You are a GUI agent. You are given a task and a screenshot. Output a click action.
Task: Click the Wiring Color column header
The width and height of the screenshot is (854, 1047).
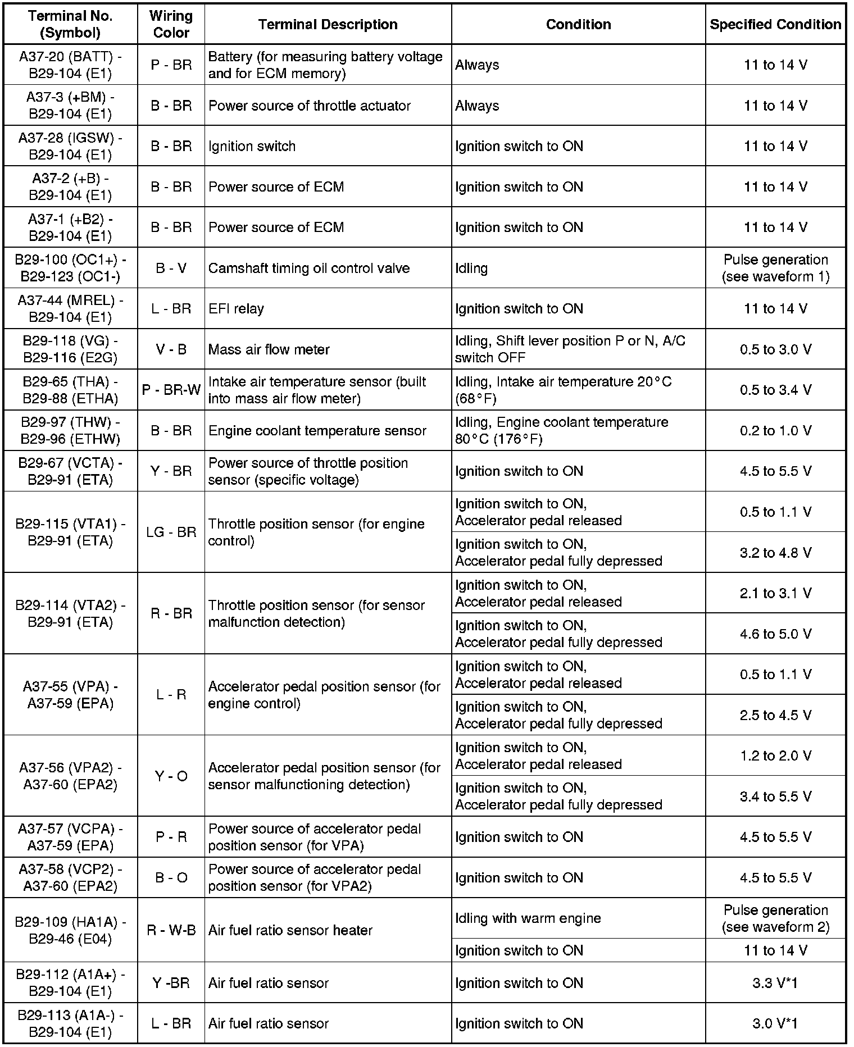pyautogui.click(x=171, y=24)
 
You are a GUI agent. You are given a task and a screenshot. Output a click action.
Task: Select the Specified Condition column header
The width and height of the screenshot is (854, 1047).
pyautogui.click(x=775, y=24)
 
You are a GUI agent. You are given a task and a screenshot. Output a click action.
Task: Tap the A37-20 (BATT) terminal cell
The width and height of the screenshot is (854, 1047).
pyautogui.click(x=70, y=65)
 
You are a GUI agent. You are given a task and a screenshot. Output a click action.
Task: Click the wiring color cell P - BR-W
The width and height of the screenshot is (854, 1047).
pyautogui.click(x=171, y=390)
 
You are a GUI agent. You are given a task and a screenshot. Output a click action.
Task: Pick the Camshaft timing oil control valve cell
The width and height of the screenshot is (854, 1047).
pyautogui.click(x=309, y=268)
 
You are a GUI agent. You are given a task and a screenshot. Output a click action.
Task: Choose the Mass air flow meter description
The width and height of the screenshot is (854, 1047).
pyautogui.click(x=269, y=349)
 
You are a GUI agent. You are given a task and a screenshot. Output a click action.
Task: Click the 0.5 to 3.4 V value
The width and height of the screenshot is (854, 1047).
pyautogui.click(x=775, y=390)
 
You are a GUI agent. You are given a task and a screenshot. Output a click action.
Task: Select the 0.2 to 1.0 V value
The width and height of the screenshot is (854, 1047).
pyautogui.click(x=775, y=431)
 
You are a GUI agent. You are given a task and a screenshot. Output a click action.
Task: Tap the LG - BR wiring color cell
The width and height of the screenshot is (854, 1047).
pyautogui.click(x=171, y=532)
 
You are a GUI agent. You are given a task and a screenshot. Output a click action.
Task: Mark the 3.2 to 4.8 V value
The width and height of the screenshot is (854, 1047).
pyautogui.click(x=775, y=553)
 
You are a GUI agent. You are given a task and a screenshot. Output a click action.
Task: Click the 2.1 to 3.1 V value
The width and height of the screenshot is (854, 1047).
pyautogui.click(x=775, y=593)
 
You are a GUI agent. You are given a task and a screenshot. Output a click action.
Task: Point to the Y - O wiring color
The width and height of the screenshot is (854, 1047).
pyautogui.click(x=171, y=776)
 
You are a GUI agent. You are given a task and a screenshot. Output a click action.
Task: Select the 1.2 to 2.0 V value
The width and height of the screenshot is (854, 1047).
pyautogui.click(x=775, y=755)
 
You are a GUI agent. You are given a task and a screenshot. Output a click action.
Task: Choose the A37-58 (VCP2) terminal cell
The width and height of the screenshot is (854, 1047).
pyautogui.click(x=70, y=877)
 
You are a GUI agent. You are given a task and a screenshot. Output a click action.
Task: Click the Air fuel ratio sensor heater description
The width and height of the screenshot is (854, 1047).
pyautogui.click(x=290, y=930)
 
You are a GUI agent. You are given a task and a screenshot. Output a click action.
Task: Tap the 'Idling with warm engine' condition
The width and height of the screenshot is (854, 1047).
pyautogui.click(x=528, y=918)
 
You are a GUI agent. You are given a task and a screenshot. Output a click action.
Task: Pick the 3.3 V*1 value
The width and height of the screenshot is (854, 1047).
pyautogui.click(x=775, y=982)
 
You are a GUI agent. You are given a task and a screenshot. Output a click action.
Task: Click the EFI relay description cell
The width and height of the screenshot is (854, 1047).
pyautogui.click(x=236, y=308)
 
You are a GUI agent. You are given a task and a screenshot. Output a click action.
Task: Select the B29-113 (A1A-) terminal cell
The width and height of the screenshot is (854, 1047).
pyautogui.click(x=70, y=1023)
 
